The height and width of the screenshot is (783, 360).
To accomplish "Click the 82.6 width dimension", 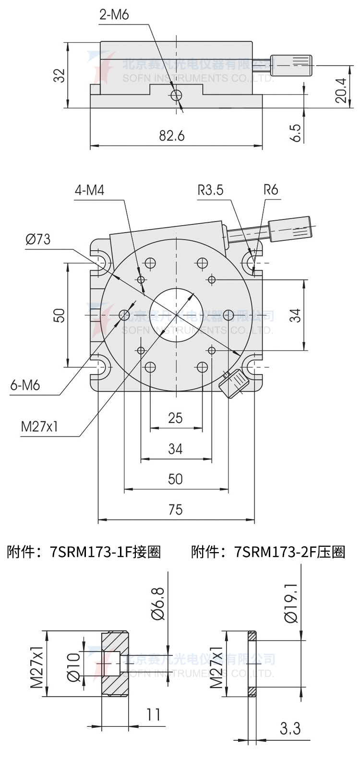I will (172, 136).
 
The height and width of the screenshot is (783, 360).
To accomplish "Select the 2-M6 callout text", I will (114, 15).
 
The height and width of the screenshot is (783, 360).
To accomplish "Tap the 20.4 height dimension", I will (341, 90).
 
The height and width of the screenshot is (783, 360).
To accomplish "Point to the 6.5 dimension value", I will (296, 133).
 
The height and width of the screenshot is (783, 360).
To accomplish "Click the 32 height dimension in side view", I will (59, 75).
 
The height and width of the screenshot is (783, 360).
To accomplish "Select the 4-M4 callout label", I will (89, 191).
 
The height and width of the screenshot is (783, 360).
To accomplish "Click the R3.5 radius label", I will (210, 190).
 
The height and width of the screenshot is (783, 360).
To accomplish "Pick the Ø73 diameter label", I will (38, 239).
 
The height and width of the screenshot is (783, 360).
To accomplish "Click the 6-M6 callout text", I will (25, 385).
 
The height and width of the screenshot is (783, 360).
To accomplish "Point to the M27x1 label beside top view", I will (39, 426).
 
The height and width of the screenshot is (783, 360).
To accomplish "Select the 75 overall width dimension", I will (176, 509).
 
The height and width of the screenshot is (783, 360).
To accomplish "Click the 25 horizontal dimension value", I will (176, 418).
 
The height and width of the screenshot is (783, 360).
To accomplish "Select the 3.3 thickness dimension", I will (290, 728).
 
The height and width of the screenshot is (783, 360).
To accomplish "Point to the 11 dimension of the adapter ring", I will (153, 715).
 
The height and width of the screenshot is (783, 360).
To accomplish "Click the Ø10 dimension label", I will (73, 667).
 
